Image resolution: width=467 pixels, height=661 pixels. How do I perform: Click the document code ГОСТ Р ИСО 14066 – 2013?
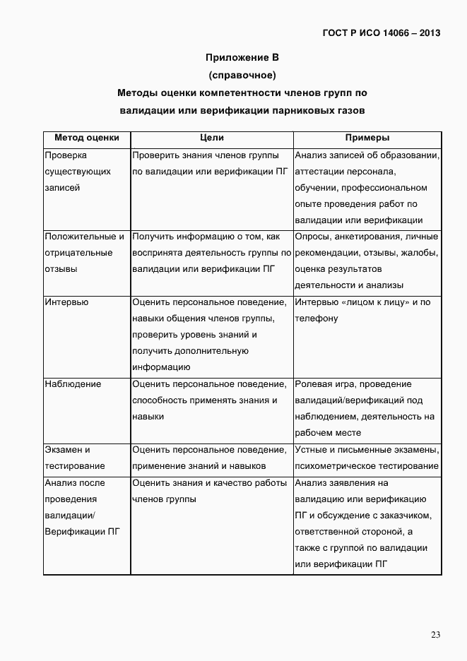click(382, 32)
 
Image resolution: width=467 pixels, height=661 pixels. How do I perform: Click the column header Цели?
click(211, 138)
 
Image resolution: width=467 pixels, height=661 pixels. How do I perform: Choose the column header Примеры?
click(367, 138)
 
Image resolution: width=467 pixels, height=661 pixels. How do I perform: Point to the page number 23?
click(436, 635)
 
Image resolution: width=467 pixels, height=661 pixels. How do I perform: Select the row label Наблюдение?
click(73, 384)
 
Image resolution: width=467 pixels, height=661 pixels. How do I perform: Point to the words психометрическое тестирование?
click(367, 466)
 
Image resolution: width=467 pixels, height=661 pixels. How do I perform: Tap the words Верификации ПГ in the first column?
click(81, 532)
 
